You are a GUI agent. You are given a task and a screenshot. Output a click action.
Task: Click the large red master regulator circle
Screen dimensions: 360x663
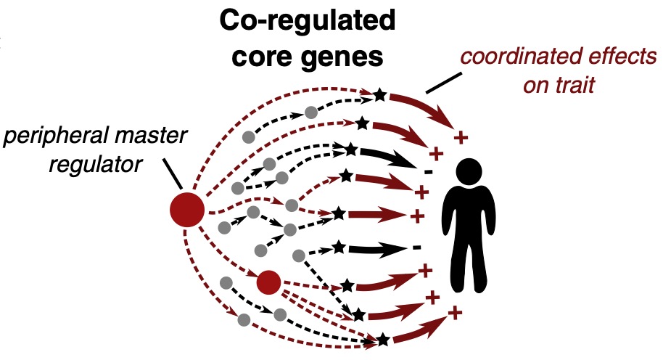[186, 210]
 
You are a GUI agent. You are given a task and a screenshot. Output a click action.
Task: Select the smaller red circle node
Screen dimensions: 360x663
[268, 281]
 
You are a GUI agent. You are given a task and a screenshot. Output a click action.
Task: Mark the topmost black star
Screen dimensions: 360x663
[379, 94]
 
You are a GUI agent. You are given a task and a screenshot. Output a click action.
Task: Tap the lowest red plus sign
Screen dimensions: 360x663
[455, 312]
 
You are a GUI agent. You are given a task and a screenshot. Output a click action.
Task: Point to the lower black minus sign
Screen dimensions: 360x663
[416, 248]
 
